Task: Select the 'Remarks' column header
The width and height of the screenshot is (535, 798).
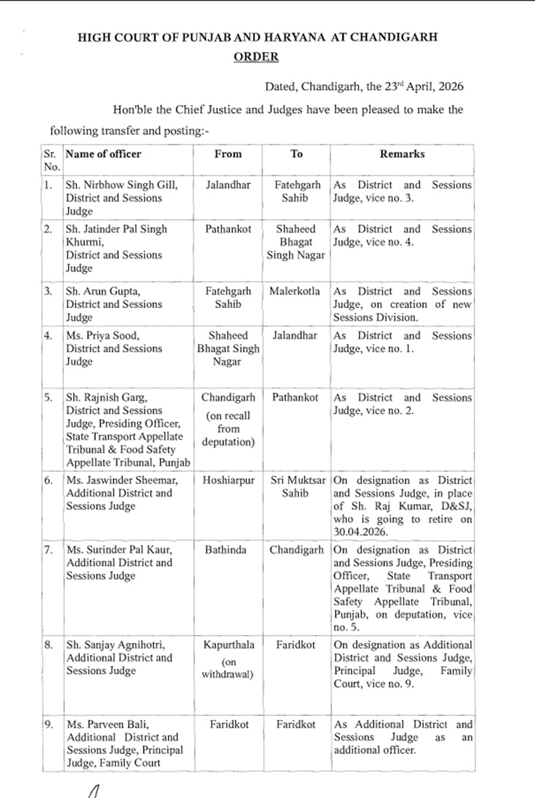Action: click(402, 154)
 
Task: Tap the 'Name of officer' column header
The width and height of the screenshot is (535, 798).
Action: click(103, 154)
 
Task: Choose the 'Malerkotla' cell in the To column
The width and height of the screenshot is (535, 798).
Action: click(296, 291)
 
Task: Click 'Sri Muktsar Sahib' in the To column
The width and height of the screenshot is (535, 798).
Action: click(296, 486)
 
